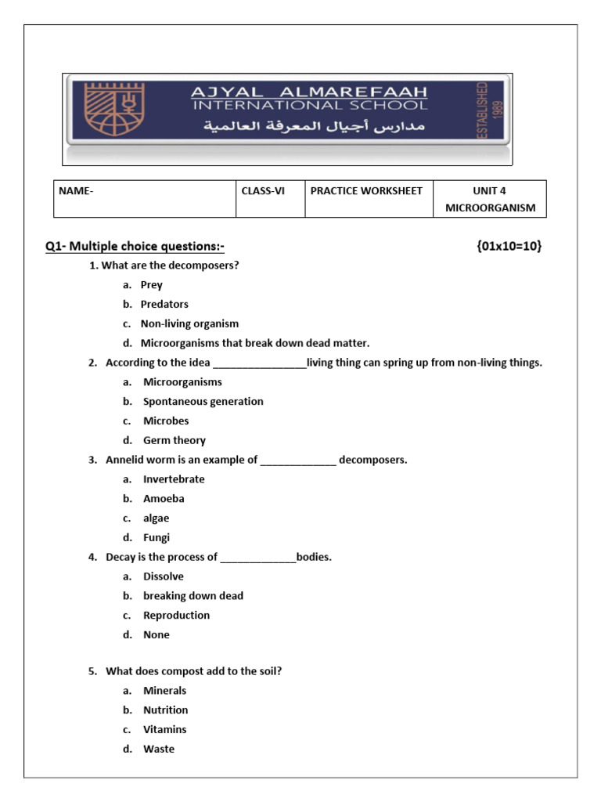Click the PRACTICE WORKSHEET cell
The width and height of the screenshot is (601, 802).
point(366,191)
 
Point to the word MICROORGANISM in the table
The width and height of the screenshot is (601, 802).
point(490,208)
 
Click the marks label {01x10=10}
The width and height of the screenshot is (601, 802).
point(508,247)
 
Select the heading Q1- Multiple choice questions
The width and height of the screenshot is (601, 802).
point(135,247)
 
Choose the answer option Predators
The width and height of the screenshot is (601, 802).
point(164,304)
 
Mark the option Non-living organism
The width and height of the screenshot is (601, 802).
point(189,323)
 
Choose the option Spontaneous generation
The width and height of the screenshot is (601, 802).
point(203,401)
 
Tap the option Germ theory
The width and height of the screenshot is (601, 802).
point(174,440)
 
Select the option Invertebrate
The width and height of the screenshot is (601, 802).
point(174,479)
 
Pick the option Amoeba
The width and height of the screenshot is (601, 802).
point(164,498)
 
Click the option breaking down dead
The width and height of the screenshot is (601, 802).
point(193,595)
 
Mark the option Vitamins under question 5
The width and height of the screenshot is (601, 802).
point(164,729)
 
